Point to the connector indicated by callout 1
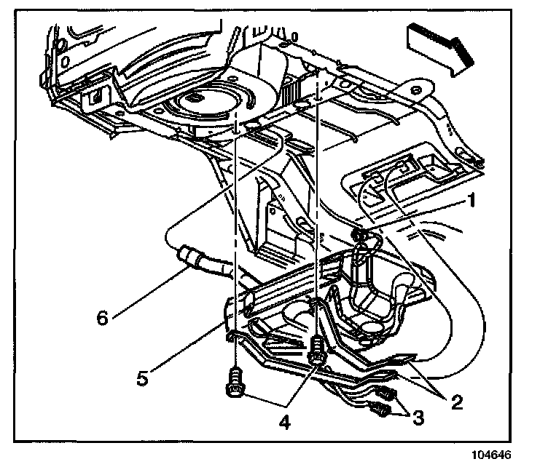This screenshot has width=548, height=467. [x=358, y=235]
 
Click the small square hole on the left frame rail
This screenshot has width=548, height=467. [x=93, y=95]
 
